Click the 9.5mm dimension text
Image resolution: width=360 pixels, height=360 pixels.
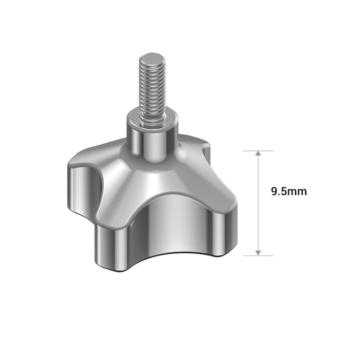[x=288, y=191]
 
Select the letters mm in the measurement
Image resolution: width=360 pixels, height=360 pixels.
[x=299, y=192]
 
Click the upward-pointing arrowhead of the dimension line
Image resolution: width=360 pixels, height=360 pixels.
[x=258, y=154]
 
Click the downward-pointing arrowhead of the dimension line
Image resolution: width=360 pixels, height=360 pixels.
[x=258, y=252]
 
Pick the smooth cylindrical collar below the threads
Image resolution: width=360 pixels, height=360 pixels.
[x=152, y=139]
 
